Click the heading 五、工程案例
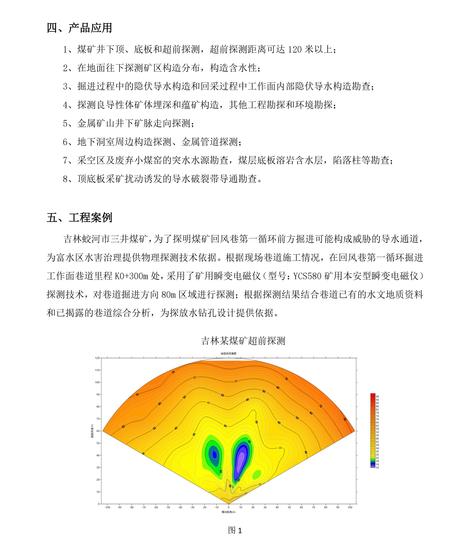tap(79, 218)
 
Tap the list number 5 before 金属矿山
tap(65, 123)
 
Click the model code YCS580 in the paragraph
tap(307, 276)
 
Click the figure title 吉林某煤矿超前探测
tap(243, 341)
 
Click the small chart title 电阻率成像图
tap(228, 354)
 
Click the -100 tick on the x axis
tap(107, 507)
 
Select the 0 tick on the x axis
tap(229, 507)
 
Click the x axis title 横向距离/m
tap(228, 512)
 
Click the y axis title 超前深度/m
tap(92, 431)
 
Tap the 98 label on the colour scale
tap(377, 397)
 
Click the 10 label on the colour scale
tap(377, 468)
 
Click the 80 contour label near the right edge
tap(345, 419)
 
